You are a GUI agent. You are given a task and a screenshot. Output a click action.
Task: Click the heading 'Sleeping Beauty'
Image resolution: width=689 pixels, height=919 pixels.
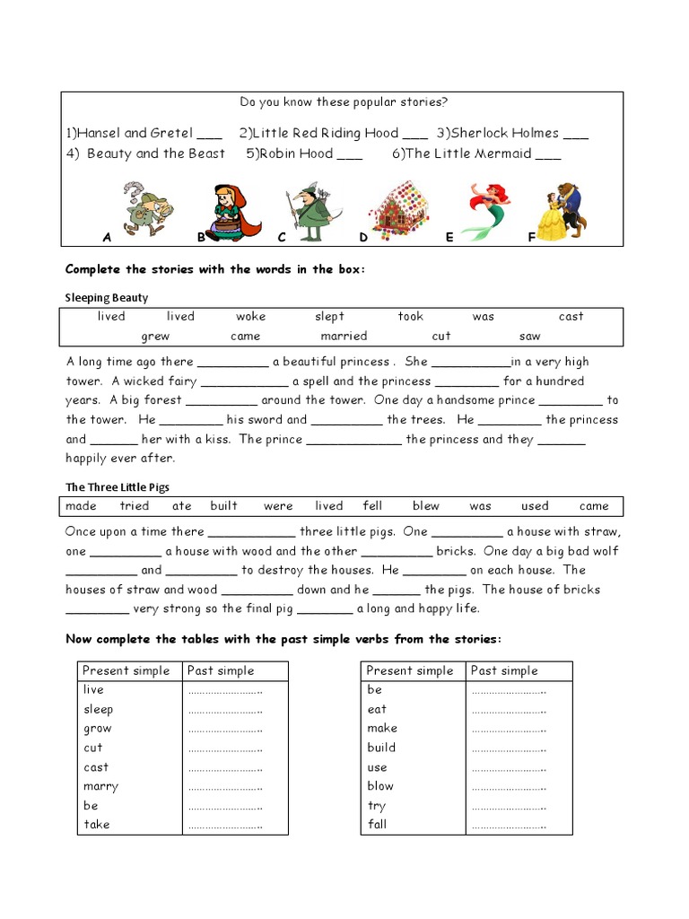click(107, 297)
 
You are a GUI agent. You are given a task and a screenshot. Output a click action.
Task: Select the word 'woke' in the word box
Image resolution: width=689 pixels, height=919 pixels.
click(251, 317)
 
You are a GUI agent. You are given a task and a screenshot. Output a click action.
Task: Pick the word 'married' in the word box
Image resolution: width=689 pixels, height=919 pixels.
click(344, 337)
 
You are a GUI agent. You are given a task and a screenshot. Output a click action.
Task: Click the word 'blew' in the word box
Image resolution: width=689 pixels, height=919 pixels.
click(426, 506)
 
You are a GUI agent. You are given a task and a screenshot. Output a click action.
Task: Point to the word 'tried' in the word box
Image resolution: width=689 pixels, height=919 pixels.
click(135, 506)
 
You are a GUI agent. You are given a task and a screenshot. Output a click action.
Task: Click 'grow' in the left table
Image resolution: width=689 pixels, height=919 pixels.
click(98, 729)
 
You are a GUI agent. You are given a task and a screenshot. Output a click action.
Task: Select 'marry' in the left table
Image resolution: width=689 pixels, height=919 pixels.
click(100, 786)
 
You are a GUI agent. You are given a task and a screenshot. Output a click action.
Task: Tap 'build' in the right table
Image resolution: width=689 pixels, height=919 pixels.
click(381, 748)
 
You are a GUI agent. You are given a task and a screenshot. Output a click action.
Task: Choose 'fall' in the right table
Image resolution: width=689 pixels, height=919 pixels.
click(377, 824)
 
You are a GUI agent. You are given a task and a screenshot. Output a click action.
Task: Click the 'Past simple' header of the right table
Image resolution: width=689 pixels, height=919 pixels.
click(503, 671)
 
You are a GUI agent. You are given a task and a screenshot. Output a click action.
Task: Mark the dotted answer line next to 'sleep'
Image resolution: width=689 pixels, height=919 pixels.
click(224, 710)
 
